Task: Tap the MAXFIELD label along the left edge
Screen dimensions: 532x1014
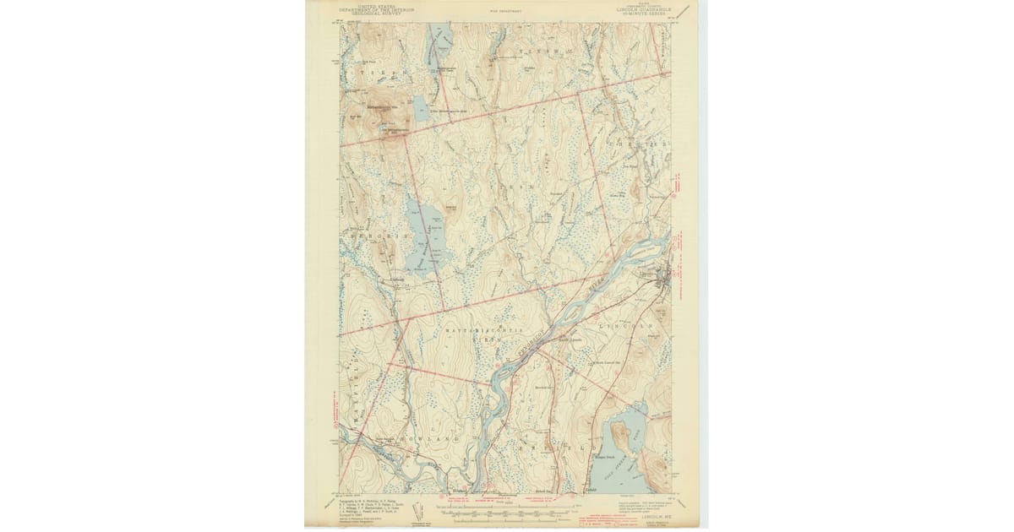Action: coord(347,380)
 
